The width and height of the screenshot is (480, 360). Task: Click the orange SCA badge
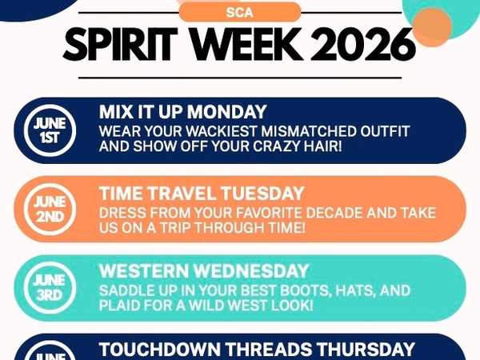click(x=240, y=12)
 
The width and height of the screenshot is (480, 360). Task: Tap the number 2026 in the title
click(x=362, y=44)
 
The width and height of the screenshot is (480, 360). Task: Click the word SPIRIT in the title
click(x=120, y=44)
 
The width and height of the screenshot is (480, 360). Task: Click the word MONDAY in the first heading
click(x=227, y=112)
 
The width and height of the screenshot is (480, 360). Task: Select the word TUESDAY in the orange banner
click(x=262, y=194)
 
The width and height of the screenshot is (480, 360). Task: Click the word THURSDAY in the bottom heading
click(x=366, y=350)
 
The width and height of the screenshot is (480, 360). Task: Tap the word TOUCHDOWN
click(x=160, y=350)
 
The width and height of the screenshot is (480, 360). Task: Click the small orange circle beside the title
click(x=432, y=27)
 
